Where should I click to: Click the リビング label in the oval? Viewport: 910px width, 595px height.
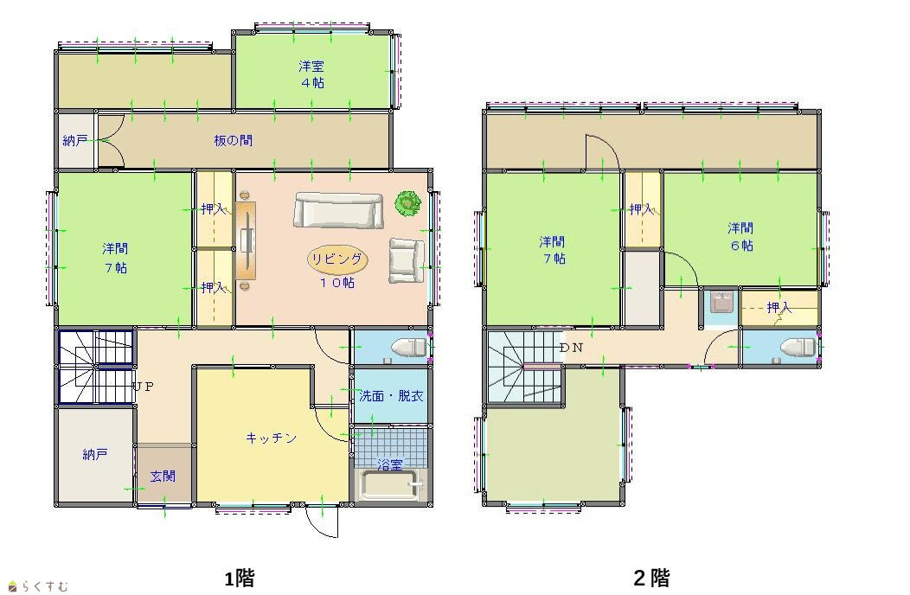point(337,259)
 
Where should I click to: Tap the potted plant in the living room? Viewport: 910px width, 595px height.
point(408,203)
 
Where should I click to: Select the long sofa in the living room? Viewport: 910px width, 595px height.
point(338,210)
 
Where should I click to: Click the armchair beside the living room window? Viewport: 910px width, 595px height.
point(407,260)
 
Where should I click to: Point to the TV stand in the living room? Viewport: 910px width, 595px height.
point(246,240)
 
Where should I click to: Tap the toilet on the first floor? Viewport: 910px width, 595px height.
point(410,349)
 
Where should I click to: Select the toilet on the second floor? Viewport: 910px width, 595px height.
point(798,348)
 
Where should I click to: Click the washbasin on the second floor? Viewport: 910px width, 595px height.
point(722,303)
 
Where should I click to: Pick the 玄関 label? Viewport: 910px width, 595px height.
point(163,477)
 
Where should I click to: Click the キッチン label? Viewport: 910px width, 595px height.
point(271,438)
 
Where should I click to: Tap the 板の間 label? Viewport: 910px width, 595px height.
point(234,140)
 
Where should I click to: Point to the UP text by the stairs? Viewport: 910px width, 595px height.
point(144,386)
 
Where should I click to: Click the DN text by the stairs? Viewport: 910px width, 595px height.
point(571,348)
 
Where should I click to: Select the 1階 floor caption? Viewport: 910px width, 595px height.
point(239,579)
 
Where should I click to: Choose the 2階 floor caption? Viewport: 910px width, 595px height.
point(651,579)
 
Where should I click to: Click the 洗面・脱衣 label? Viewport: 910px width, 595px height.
point(391,396)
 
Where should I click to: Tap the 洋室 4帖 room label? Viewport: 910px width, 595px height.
point(312,74)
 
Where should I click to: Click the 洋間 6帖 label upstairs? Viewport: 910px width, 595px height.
point(741,236)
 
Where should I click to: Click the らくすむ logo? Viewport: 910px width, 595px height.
point(38,586)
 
